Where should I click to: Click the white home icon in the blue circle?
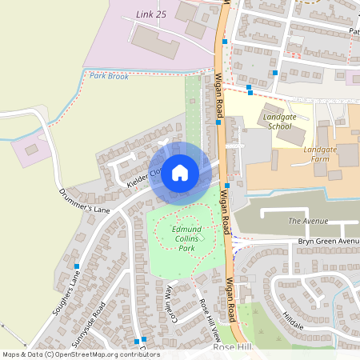pyautogui.click(x=180, y=172)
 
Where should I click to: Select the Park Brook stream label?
pyautogui.click(x=109, y=76)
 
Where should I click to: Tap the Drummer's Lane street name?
pyautogui.click(x=84, y=200)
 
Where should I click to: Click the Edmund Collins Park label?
pyautogui.click(x=186, y=239)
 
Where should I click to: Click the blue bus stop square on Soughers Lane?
pyautogui.click(x=77, y=266)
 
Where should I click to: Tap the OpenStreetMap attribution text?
pyautogui.click(x=80, y=354)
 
